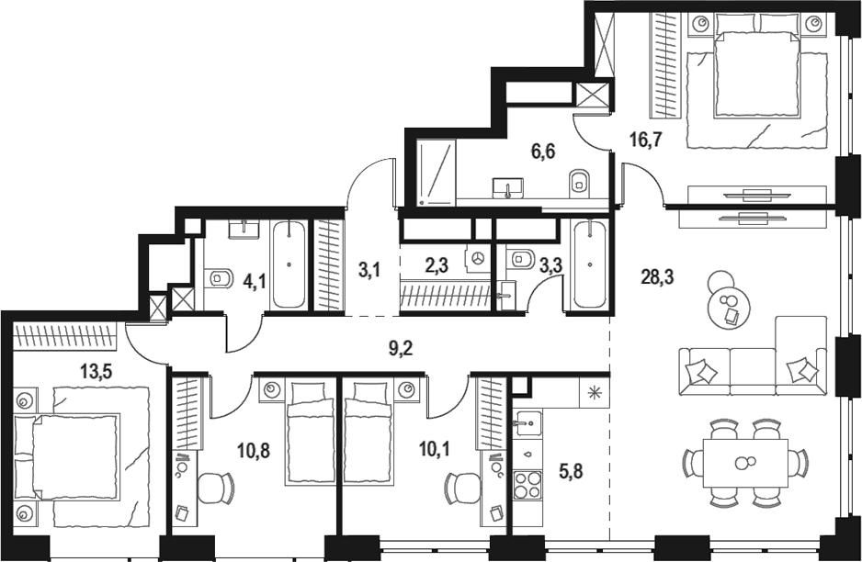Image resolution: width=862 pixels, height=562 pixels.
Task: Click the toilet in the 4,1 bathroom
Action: pos(220,276)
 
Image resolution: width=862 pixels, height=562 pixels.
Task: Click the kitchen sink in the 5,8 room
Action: pos(527,422)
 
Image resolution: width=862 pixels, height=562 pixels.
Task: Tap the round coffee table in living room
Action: pos(729,303)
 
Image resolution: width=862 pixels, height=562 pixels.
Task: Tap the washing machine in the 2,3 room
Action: pos(478,259)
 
